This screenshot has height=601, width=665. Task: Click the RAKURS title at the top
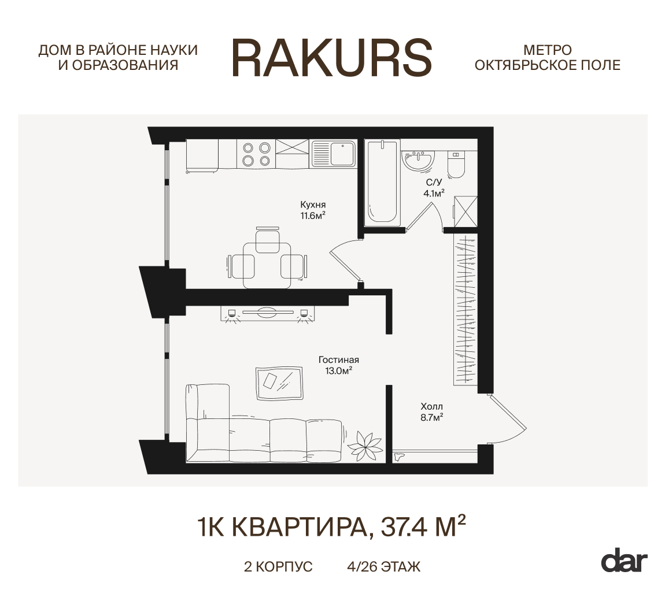[332, 58]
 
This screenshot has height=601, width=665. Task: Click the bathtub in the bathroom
[383, 182]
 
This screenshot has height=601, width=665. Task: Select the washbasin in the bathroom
[418, 161]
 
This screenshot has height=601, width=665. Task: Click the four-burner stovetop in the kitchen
[257, 154]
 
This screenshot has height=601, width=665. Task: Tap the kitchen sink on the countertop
[334, 154]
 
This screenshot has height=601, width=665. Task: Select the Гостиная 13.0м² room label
[339, 365]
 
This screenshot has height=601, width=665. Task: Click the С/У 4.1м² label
[434, 188]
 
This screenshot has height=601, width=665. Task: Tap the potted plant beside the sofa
[365, 444]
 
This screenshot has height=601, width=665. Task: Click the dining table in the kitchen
[267, 265]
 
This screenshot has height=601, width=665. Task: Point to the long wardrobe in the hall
[465, 309]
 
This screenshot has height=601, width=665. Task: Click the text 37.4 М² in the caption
[424, 526]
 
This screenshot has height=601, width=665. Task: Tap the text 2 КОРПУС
[278, 567]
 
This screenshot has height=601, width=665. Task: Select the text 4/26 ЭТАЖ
[384, 567]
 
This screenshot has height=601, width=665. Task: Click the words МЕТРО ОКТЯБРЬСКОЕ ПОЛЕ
[548, 58]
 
